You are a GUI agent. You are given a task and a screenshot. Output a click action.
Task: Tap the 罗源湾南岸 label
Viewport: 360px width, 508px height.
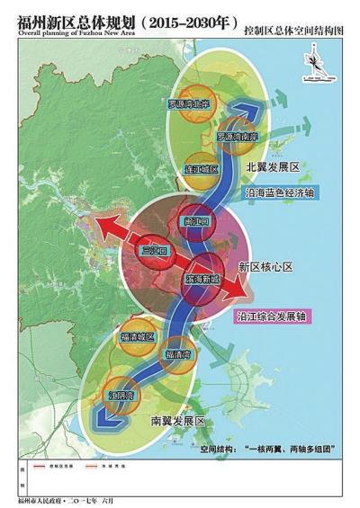(237, 138)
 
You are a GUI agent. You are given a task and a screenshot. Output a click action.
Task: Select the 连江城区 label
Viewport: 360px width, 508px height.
(202, 169)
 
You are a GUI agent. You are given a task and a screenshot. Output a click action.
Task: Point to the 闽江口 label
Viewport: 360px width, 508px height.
(196, 221)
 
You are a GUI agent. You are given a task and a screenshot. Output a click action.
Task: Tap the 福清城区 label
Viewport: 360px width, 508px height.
(138, 337)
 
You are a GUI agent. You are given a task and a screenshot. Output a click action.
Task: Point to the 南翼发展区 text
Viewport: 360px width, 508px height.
(176, 421)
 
